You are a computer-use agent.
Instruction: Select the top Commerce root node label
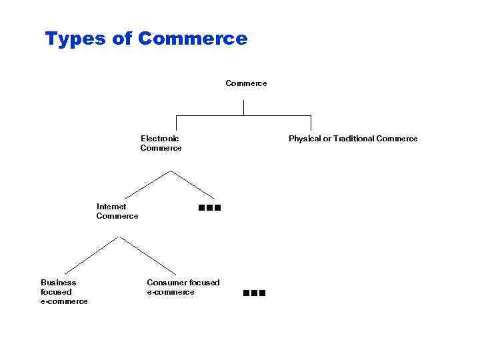coord(246,83)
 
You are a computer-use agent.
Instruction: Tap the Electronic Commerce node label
coord(161,143)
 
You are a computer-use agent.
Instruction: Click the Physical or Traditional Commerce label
coord(353,139)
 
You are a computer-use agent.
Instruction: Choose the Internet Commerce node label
coord(117,211)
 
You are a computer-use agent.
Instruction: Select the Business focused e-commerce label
coord(64,292)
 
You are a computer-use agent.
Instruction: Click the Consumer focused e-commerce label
coord(183,287)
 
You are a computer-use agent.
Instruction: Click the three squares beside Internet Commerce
coord(209,208)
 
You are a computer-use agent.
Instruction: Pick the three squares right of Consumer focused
coord(255,293)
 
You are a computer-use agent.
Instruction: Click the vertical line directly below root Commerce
coord(243,107)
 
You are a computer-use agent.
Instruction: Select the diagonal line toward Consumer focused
coord(147,256)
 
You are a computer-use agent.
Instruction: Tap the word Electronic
coord(160,139)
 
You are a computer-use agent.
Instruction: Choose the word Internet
coord(111,207)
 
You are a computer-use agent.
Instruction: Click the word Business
coord(59,283)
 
